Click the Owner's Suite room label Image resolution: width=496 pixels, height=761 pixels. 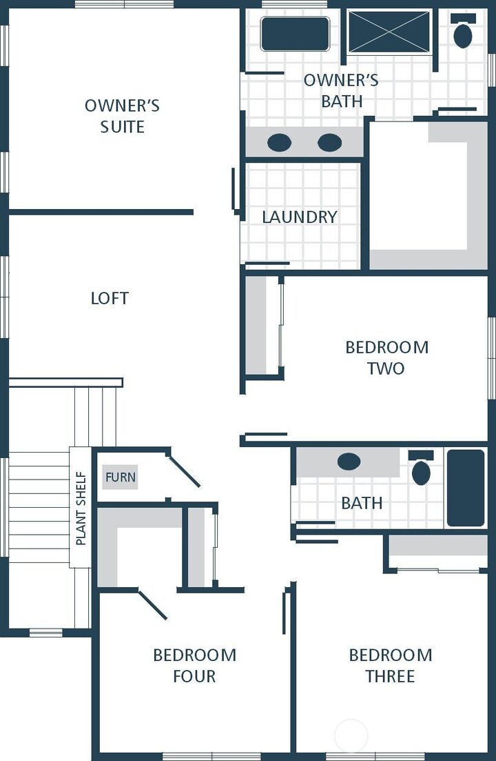pos(122,116)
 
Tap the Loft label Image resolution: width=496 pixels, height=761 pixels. pos(110,298)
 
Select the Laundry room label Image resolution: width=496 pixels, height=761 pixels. pos(300,217)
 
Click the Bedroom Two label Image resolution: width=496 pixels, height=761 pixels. pos(386,357)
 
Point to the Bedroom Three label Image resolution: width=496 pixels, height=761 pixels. pos(390,665)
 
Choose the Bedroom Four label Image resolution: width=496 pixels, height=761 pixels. pos(194,665)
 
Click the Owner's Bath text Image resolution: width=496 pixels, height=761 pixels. pos(341,90)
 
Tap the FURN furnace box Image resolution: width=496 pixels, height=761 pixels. pos(121,477)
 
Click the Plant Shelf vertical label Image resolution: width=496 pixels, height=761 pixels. pos(81,508)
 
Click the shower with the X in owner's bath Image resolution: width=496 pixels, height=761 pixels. pos(389,32)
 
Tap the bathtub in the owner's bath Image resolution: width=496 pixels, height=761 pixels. pos(295,34)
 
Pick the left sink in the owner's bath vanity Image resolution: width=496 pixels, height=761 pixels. pos(279,143)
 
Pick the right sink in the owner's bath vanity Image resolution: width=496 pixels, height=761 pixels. pos(329,143)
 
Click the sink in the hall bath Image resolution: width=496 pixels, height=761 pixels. pos(349,462)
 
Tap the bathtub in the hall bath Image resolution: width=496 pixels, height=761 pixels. pos(466,488)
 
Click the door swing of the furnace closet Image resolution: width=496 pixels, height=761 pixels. pos(184,470)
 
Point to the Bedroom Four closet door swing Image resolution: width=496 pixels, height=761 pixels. pos(153,604)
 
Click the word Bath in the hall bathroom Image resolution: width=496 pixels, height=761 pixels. pos(362,503)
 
